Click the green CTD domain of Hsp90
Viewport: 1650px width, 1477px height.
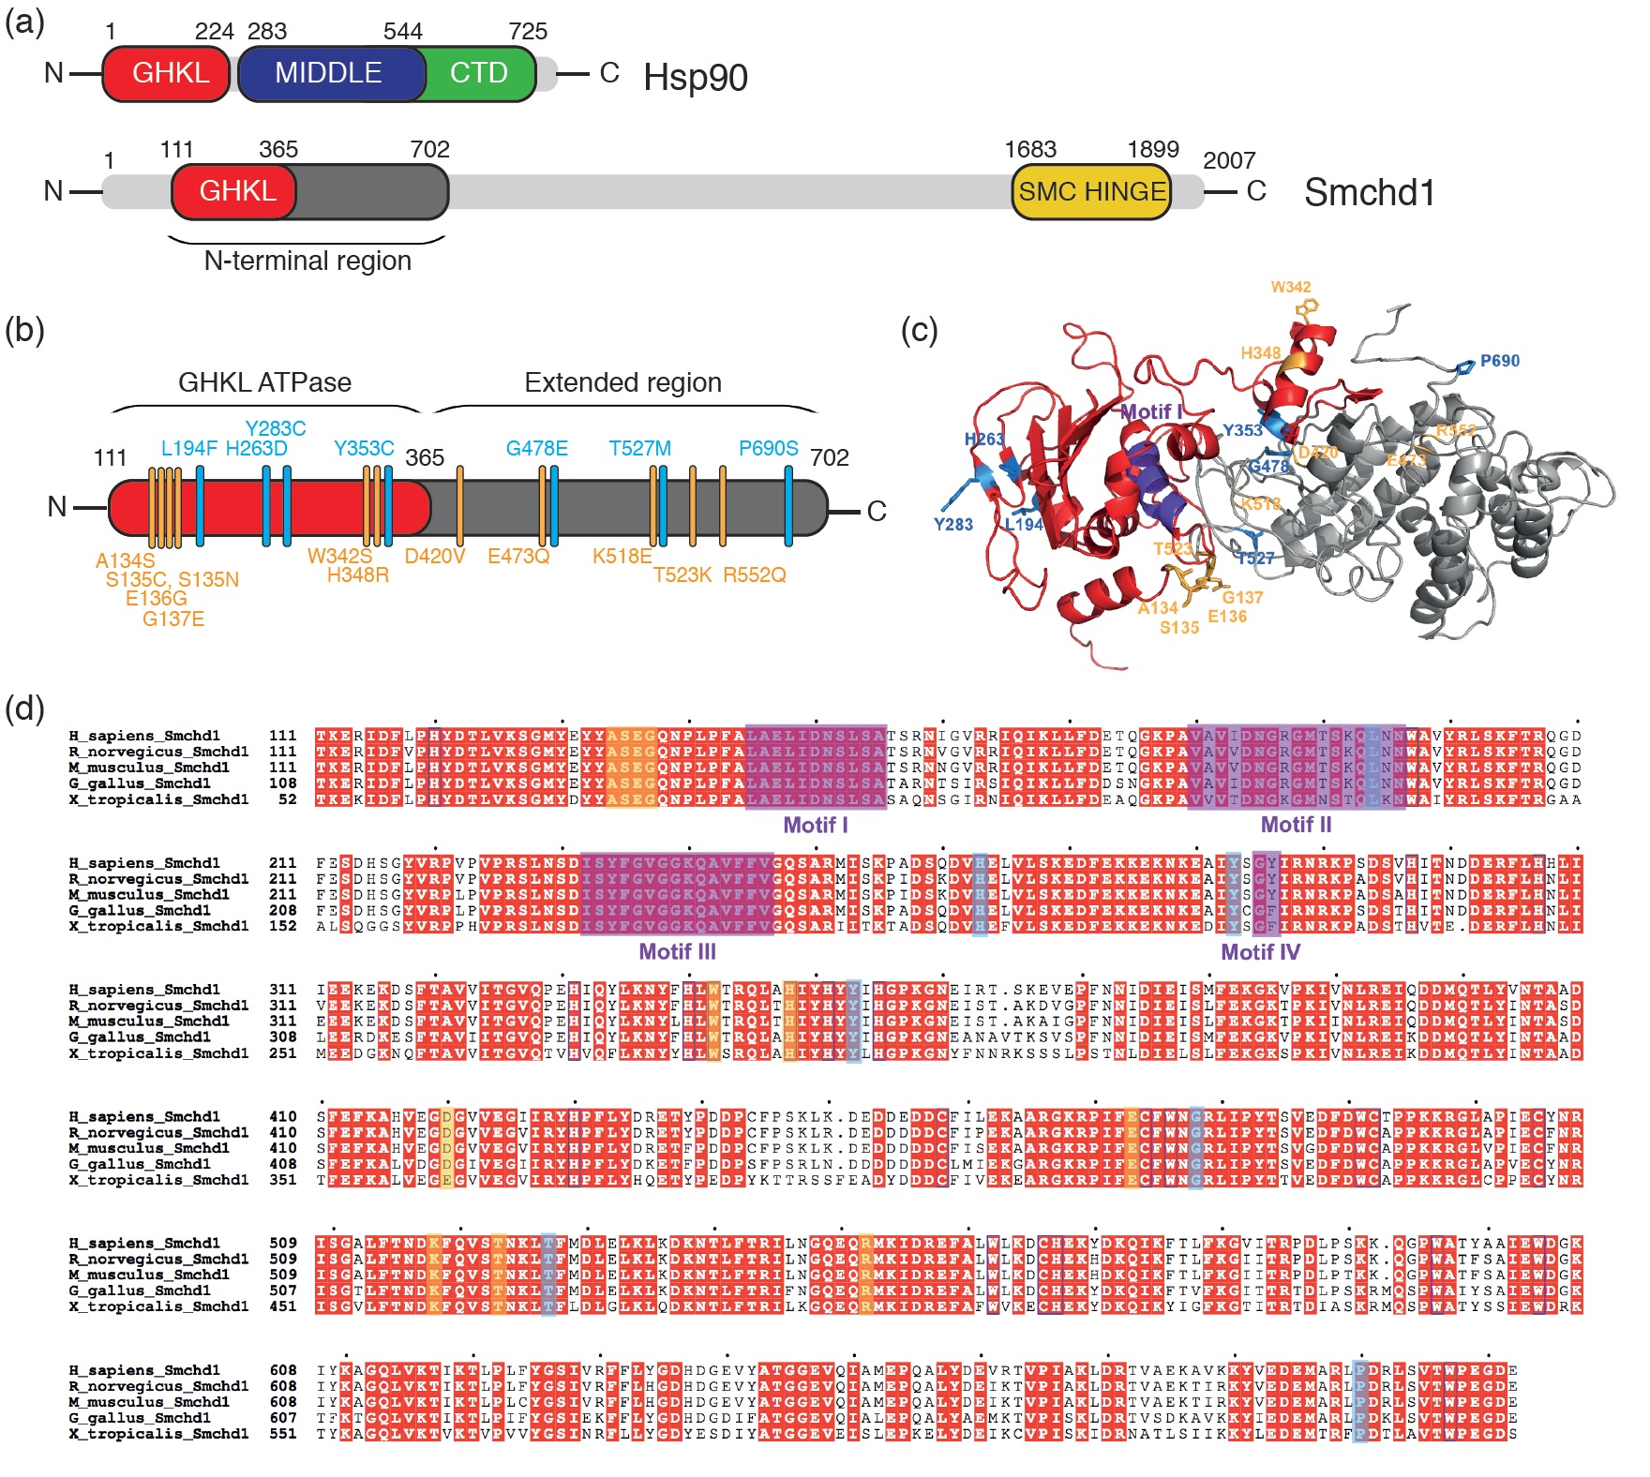[x=479, y=73]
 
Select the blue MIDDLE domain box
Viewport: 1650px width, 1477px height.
[x=328, y=73]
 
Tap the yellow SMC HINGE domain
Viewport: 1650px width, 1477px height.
[x=1092, y=192]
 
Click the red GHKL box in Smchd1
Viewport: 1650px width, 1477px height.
[x=236, y=192]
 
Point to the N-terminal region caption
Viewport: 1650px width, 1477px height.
[x=307, y=261]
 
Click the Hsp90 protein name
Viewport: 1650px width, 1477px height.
[x=695, y=77]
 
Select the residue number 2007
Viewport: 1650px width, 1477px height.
[x=1228, y=161]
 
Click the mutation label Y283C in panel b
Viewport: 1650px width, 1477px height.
[x=275, y=428]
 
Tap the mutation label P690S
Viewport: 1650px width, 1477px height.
[x=768, y=448]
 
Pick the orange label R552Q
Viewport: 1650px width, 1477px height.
[x=754, y=574]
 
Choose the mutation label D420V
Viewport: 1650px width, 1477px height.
[x=435, y=556]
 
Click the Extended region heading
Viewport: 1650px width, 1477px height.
[x=622, y=382]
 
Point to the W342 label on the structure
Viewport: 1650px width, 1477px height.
[x=1291, y=287]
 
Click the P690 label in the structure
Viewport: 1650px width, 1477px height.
[x=1499, y=361]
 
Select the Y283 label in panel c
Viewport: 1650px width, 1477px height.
[x=952, y=525]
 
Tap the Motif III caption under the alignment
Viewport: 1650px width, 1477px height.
[x=677, y=952]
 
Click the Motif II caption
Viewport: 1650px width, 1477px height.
[x=1296, y=825]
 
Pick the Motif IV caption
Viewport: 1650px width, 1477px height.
[x=1260, y=952]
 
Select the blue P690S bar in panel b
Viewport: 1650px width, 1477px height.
[x=788, y=506]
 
